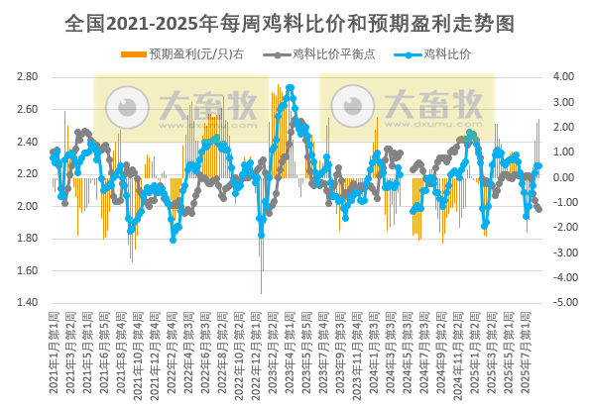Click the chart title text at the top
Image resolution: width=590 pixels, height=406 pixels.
point(295,20)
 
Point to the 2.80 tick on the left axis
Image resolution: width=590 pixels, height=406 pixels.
point(28,77)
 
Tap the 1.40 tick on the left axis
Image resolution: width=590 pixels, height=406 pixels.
point(28,303)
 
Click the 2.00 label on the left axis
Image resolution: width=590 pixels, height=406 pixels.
point(28,206)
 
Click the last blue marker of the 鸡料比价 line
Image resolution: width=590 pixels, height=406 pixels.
point(538,167)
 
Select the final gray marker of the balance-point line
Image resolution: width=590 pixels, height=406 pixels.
point(538,209)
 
